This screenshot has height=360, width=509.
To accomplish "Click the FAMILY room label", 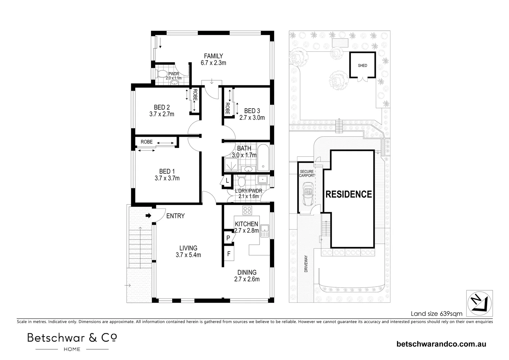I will tap(213, 56).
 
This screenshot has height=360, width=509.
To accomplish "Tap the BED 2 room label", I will tap(162, 107).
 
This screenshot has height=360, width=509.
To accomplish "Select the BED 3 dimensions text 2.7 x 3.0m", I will tap(252, 118).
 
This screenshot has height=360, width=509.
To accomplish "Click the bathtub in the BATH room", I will tap(264, 157).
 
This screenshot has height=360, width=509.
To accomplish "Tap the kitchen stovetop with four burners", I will tap(247, 210).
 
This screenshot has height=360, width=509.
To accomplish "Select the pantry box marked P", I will tap(228, 238).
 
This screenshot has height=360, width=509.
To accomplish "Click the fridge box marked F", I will tap(229, 254).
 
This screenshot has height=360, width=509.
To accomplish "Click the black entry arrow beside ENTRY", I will tap(148, 216).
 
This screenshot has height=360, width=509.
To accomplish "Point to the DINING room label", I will tap(247, 272).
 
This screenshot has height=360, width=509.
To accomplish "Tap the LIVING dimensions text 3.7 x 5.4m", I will tap(188, 255).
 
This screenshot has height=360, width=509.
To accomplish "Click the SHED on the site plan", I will tap(362, 66).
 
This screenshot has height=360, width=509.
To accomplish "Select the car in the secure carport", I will tap(307, 195).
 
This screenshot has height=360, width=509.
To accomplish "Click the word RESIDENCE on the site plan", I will tap(348, 194).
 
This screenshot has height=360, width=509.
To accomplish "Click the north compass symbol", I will tap(479, 303).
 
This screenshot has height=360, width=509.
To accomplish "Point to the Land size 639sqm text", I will tap(436, 314).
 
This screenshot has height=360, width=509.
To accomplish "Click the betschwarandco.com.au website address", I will tap(441, 344).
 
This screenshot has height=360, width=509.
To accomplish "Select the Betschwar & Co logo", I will tap(72, 341).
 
